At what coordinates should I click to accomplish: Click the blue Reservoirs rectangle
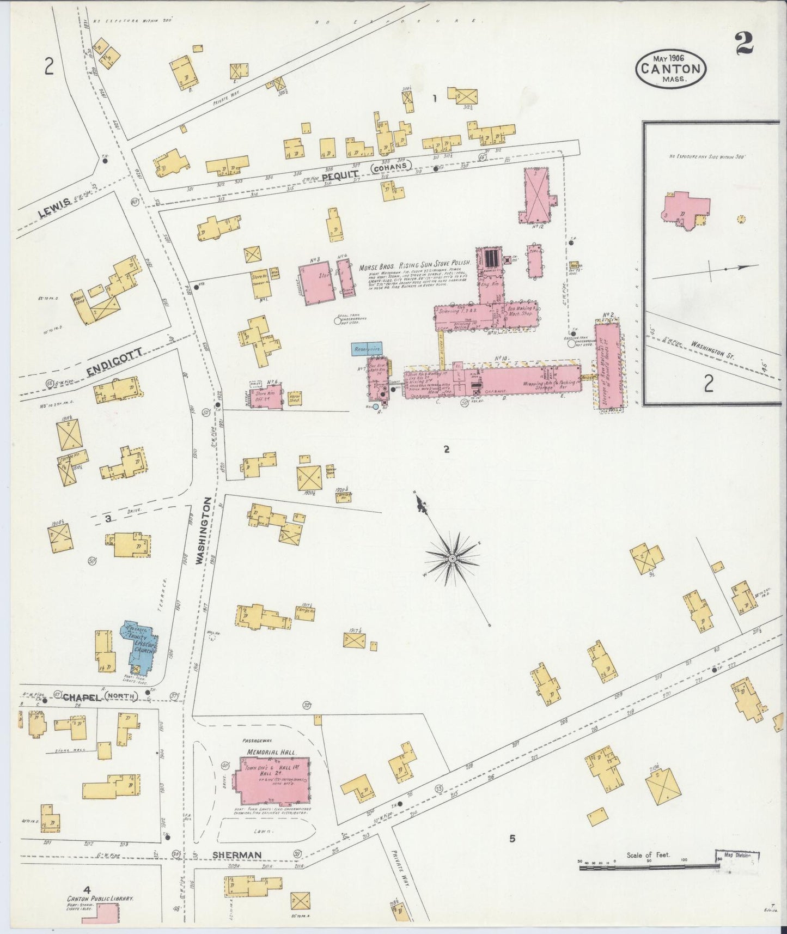click(367, 348)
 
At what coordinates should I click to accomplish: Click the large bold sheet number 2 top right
click(743, 44)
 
